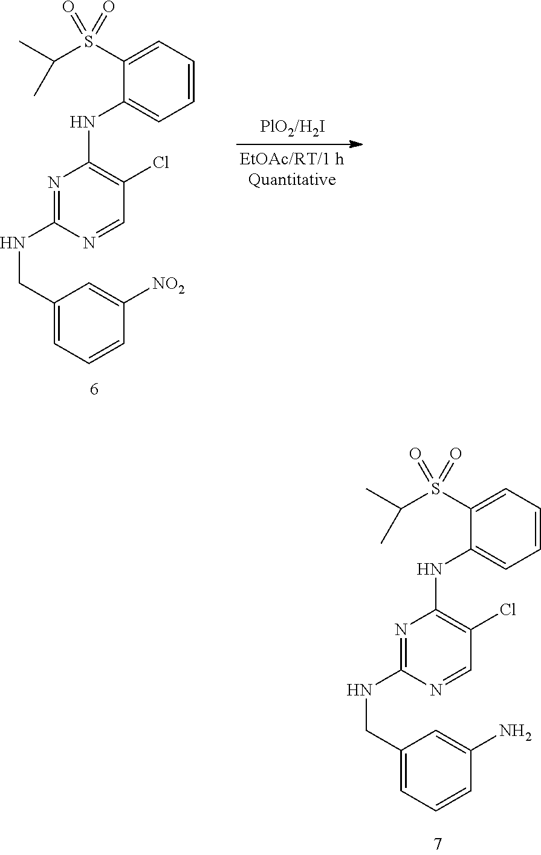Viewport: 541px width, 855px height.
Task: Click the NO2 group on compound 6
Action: pos(169,286)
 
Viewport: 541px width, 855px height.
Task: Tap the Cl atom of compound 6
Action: pos(161,162)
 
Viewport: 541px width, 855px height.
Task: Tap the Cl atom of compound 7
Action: pos(508,610)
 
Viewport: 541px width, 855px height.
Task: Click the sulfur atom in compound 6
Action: pos(89,41)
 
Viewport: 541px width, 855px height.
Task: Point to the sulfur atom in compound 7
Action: pos(435,488)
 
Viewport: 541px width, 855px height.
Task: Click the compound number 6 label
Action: pos(94,389)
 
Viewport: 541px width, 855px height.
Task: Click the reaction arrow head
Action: pos(356,144)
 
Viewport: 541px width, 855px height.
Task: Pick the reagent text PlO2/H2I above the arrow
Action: pos(293,127)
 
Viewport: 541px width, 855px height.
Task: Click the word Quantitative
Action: pos(292,179)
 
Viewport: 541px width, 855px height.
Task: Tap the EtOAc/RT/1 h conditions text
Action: pos(292,159)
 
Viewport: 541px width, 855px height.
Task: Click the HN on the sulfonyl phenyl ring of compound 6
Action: pos(82,123)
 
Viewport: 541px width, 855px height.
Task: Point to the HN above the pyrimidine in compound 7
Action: pos(430,570)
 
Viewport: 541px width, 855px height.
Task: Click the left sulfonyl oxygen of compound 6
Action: pos(68,8)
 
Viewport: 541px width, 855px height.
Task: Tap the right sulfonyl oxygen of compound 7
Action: pos(456,454)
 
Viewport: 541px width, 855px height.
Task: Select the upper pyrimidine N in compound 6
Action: pos(54,183)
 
